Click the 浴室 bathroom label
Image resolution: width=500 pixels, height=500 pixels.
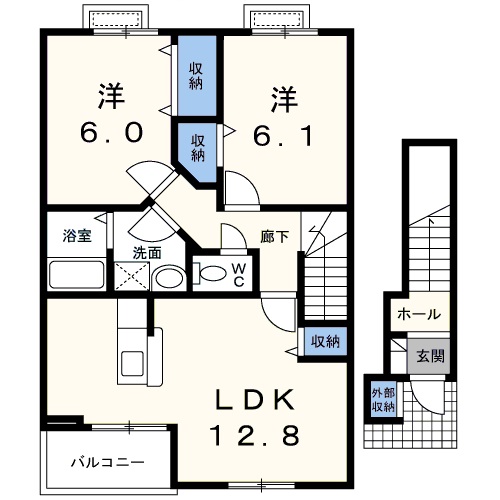point(77,236)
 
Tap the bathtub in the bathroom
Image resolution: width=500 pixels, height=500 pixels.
point(76,275)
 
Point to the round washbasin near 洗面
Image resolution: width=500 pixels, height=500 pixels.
point(169,278)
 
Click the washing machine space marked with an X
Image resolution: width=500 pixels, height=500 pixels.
point(132,276)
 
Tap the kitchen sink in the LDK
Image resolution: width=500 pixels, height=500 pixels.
point(133,363)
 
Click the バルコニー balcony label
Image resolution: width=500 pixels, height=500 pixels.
point(108,462)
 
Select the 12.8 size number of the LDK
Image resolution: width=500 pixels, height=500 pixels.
point(255,436)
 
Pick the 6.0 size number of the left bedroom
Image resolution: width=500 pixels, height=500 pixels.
point(112,132)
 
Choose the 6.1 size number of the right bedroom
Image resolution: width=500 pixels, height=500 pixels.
point(283,135)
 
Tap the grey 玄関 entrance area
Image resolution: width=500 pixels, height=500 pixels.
point(428,356)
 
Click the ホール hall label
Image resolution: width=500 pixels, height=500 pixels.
point(419,314)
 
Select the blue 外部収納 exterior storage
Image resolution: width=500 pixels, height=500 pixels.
point(384,399)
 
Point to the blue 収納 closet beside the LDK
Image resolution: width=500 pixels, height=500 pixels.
point(325,342)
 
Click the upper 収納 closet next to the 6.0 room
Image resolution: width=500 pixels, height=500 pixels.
point(197,76)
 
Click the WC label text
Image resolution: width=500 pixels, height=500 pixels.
point(239,275)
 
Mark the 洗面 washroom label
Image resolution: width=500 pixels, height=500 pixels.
point(147,253)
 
